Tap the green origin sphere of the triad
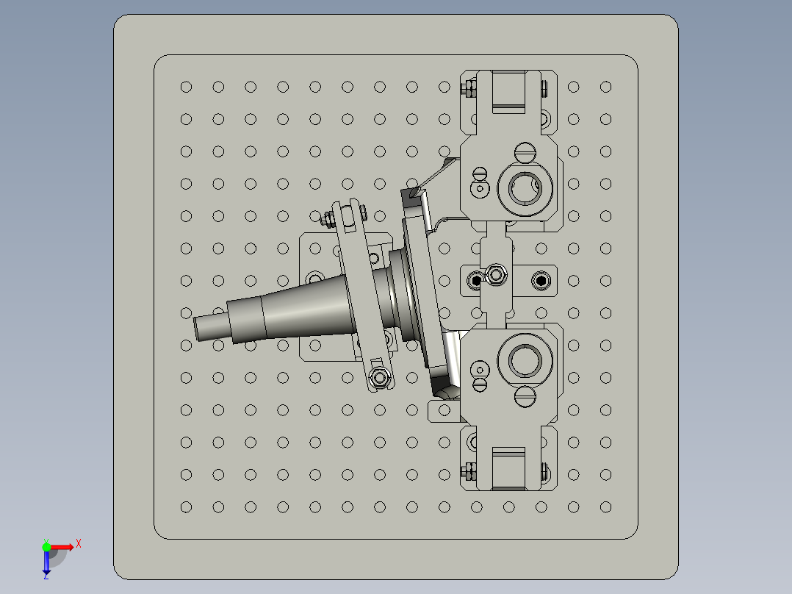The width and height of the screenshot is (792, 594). point(46,546)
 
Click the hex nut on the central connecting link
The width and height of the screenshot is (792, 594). point(496,276)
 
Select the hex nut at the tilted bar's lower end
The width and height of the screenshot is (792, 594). point(380,378)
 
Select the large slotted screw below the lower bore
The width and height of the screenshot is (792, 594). point(525,397)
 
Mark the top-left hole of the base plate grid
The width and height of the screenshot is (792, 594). point(186,87)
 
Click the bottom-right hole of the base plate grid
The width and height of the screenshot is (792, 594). point(605,507)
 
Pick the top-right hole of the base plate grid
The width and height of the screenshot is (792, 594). point(605,87)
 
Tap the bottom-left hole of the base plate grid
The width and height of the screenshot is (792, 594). point(186,507)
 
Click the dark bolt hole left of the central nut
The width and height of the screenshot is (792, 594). point(476,280)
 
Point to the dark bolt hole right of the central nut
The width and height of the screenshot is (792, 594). point(541,280)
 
